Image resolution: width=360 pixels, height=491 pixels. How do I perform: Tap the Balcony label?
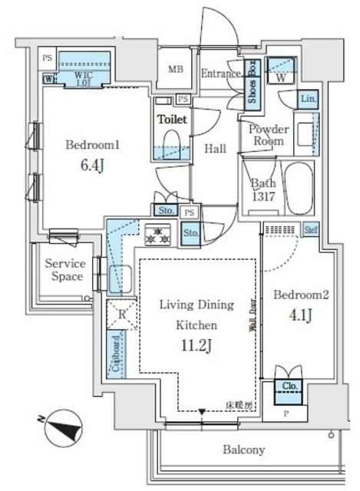tap(245, 450)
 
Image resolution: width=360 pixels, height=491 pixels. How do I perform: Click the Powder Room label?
tap(268, 135)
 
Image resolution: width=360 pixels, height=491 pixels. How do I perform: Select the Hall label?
tap(215, 149)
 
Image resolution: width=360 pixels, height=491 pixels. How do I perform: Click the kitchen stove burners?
tap(157, 236)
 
